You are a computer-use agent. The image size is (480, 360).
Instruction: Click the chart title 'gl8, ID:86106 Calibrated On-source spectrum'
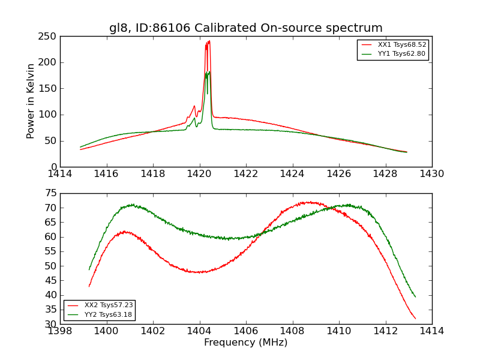[245, 28]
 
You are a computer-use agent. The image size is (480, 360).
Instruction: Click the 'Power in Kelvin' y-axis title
[31, 101]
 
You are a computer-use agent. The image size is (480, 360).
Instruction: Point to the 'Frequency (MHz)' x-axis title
[245, 343]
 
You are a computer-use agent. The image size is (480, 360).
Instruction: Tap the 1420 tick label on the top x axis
[199, 173]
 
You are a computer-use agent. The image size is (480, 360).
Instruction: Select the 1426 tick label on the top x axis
[338, 173]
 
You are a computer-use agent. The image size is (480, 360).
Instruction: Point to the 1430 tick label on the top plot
[431, 173]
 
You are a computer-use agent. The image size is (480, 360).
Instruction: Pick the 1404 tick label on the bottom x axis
[199, 331]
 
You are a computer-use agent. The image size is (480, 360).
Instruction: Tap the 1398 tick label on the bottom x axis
[60, 331]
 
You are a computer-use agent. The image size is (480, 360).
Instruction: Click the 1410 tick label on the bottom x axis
[338, 331]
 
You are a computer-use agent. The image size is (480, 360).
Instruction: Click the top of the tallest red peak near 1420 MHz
[209, 41]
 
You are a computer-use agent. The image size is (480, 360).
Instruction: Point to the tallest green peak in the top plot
[209, 72]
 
